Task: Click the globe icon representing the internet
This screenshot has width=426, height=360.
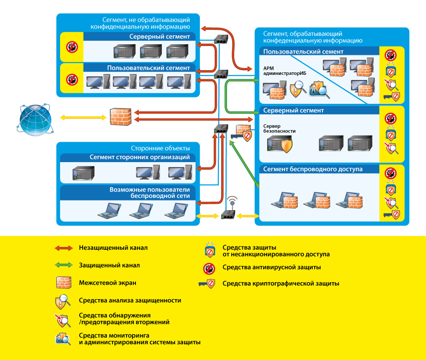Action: [x=35, y=117]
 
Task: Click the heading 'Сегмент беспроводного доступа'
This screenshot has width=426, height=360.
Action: [x=313, y=169]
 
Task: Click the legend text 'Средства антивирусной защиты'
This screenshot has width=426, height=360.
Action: [x=271, y=267]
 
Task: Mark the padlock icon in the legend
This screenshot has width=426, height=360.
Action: [x=209, y=250]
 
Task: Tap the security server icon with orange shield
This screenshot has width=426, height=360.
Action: [x=279, y=144]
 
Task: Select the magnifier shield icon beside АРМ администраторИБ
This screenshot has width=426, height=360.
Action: [x=297, y=90]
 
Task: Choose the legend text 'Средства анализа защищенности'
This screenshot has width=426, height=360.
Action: [x=130, y=300]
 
